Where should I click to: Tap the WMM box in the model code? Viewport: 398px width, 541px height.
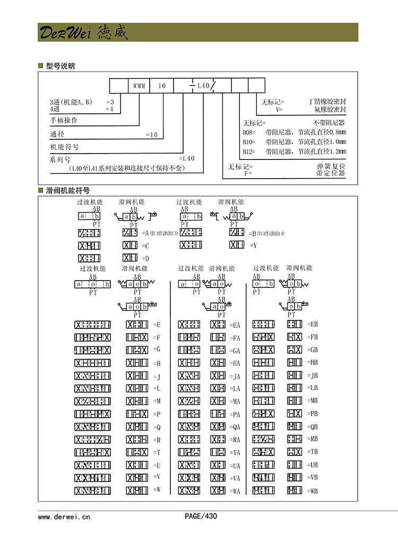tap(139, 86)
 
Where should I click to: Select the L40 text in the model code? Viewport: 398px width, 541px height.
tap(203, 86)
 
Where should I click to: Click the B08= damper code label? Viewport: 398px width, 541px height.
tap(249, 132)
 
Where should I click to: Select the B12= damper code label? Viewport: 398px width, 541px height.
tap(249, 151)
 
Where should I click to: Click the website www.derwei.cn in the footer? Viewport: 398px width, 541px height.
tap(64, 516)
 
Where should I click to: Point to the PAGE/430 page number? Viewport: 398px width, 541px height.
tap(201, 516)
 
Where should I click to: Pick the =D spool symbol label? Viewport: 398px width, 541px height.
tap(146, 258)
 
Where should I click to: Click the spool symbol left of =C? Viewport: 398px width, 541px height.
tap(130, 246)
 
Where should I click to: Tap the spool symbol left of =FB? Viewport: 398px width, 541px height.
tap(294, 337)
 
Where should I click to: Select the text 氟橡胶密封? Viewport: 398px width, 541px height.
tap(330, 109)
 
